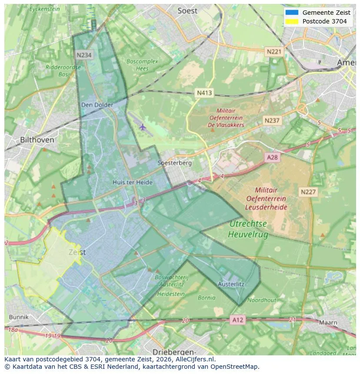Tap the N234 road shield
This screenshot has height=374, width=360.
coord(84,55)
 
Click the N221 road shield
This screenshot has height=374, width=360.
coord(273,52)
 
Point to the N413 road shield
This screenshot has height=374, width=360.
coord(204,93)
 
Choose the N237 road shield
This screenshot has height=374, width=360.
coord(272,120)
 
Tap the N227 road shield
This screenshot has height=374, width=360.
coord(308,192)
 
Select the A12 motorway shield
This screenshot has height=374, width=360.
coord(238,320)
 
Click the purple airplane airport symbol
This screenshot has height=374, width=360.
coord(143,127)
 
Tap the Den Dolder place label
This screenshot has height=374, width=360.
coord(97,105)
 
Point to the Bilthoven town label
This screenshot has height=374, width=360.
coord(37,140)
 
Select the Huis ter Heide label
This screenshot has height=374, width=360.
coord(133,182)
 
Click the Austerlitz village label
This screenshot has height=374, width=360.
coord(231,284)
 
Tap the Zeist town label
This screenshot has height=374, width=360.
coord(77,252)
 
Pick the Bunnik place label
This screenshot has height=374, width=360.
coord(18,317)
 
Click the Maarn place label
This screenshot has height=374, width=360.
coord(328,323)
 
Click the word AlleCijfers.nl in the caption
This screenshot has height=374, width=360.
coord(193,359)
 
